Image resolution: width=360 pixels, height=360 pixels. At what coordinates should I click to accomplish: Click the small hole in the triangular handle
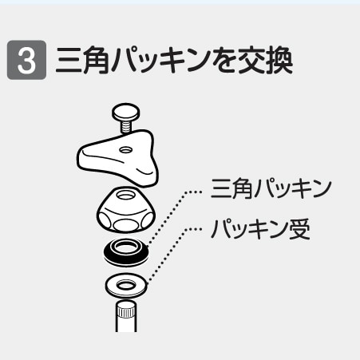(125, 149)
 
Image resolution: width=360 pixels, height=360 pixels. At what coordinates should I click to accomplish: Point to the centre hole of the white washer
(126, 283)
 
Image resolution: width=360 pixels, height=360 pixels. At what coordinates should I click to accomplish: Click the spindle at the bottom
(126, 318)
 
